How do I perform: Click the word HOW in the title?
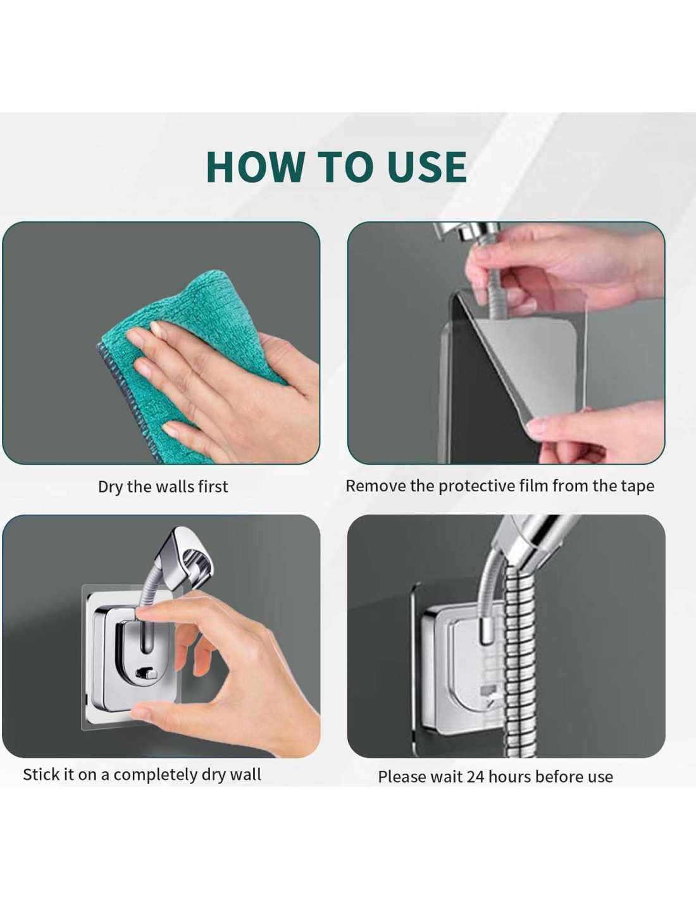click(x=255, y=166)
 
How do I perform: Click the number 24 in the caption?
click(x=475, y=777)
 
